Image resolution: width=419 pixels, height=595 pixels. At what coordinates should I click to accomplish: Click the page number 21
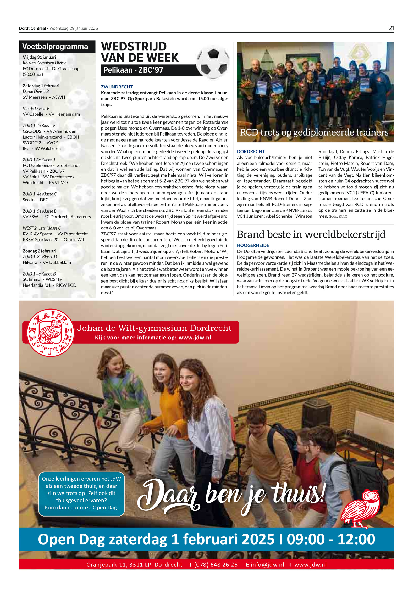tap(391, 28)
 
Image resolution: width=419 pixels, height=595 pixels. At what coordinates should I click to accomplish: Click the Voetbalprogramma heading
tap(55, 47)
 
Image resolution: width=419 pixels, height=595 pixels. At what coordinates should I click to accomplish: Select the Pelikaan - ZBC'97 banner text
tap(133, 70)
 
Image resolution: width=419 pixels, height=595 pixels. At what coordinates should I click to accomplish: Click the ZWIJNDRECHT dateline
tap(117, 87)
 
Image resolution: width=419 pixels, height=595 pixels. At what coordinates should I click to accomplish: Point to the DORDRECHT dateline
tap(251, 151)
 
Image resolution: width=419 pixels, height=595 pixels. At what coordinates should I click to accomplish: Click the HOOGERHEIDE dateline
tap(253, 245)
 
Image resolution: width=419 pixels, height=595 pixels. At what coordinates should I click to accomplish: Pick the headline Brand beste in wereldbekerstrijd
tap(311, 234)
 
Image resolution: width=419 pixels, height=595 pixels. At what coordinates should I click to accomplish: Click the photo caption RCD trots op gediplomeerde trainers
tap(314, 132)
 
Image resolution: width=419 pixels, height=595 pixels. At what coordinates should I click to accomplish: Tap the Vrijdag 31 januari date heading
tap(39, 57)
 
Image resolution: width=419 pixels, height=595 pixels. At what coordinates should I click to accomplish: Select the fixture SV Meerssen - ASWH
tap(44, 97)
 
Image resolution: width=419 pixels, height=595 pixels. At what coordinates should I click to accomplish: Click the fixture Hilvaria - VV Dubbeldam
tap(47, 262)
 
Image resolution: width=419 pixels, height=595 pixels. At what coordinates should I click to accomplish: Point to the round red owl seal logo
tap(51, 332)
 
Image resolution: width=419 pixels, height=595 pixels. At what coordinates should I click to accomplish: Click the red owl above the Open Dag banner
tap(361, 508)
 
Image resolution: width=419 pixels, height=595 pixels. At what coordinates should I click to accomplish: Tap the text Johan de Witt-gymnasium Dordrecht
tap(154, 328)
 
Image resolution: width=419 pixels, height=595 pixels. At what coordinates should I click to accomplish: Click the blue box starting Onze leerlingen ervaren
tap(81, 494)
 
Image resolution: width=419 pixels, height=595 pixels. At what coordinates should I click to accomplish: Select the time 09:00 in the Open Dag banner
tap(306, 539)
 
